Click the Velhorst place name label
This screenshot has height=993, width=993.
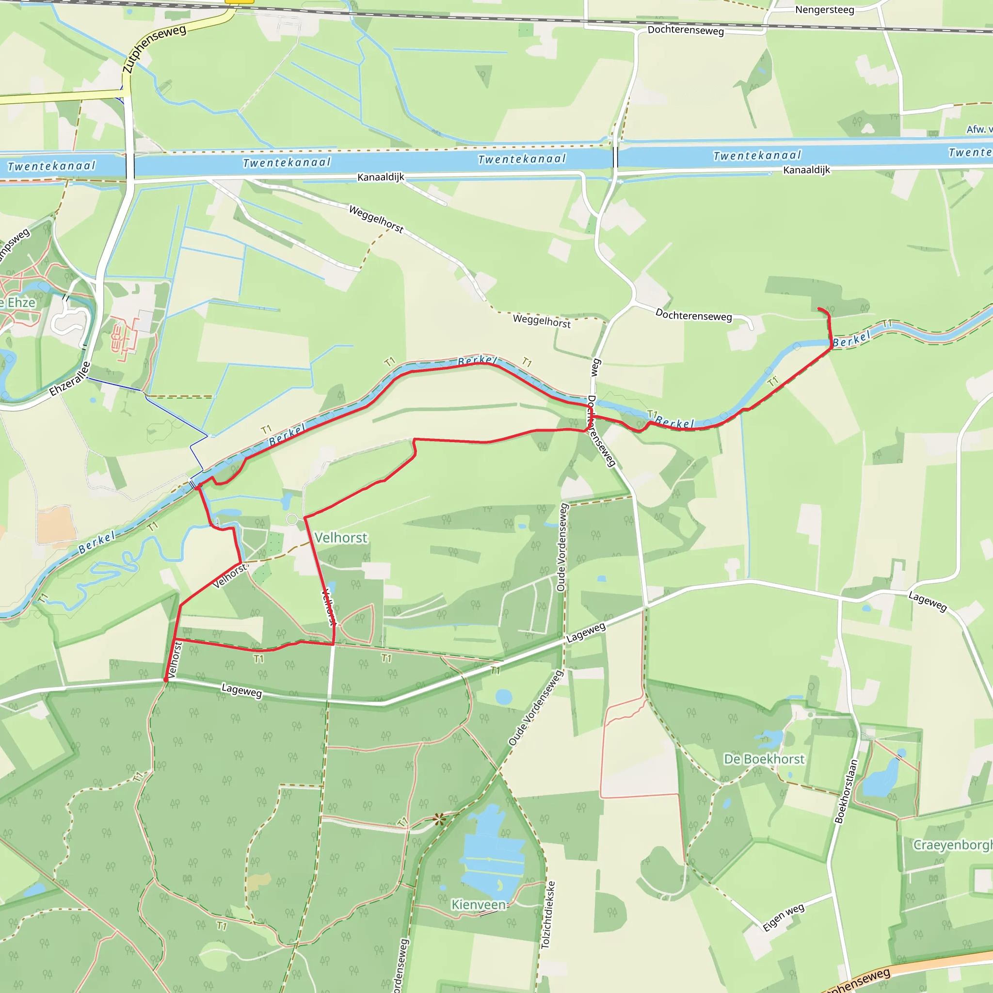(x=341, y=538)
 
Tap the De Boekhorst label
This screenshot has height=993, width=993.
(x=764, y=759)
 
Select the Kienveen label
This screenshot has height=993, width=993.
(x=478, y=904)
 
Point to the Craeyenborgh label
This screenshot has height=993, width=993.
(x=952, y=845)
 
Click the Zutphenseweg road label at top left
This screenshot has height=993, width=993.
(x=154, y=49)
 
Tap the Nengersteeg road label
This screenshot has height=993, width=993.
(x=824, y=10)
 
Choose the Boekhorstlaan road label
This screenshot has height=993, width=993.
(x=846, y=791)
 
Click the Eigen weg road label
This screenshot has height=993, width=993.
(x=784, y=917)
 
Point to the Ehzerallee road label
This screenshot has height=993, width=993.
(x=70, y=379)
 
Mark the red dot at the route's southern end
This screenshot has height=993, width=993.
(x=165, y=680)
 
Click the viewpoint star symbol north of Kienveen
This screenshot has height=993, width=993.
(x=438, y=819)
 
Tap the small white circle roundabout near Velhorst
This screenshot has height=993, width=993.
(x=292, y=519)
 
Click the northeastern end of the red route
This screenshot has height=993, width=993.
(x=819, y=308)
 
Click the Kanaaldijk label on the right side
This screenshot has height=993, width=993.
(x=806, y=170)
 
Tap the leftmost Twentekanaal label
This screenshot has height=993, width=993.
(x=51, y=166)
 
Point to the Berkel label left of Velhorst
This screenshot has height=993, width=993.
(x=96, y=543)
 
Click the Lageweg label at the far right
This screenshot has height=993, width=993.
(x=927, y=601)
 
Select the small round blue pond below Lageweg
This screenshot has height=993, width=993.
(x=504, y=697)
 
